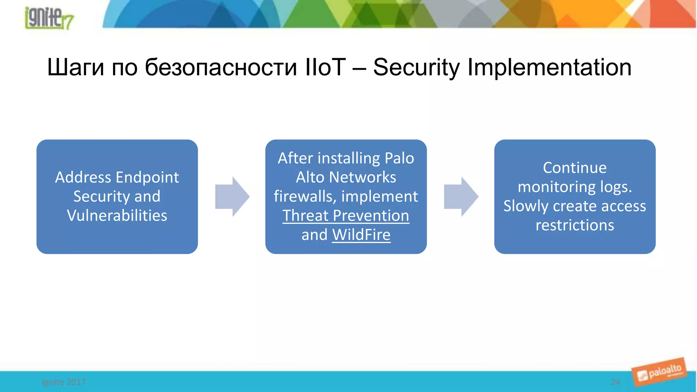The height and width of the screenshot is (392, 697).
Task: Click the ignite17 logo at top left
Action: tap(49, 18)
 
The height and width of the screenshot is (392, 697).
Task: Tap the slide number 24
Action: tap(615, 382)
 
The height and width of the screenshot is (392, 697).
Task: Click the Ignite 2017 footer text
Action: tap(64, 382)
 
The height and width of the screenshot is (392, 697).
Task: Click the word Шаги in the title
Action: tap(76, 67)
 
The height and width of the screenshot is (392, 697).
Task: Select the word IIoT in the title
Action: tap(325, 67)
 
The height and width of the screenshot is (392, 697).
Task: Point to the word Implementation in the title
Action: tap(549, 67)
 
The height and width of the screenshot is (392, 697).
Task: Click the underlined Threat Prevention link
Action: tap(346, 216)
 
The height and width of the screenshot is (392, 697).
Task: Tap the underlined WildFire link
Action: tap(361, 235)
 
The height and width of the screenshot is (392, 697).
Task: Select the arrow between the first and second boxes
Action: tap(232, 196)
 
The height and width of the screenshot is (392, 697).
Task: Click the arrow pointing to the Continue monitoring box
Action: tap(461, 196)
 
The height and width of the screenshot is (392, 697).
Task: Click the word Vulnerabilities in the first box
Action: tap(117, 215)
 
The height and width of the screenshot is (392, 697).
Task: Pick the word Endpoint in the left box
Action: tap(147, 177)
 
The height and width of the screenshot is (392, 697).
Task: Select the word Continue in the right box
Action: tap(574, 168)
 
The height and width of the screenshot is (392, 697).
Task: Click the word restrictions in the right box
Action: tap(574, 225)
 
